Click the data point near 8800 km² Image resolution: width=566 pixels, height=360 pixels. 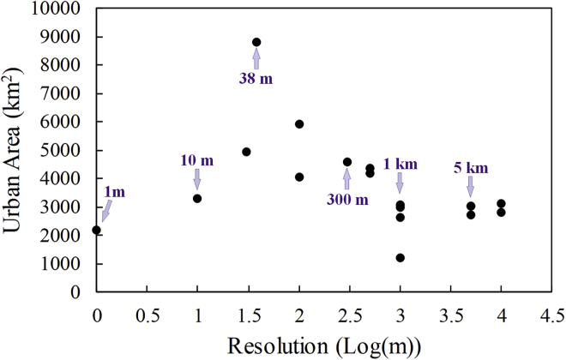256,42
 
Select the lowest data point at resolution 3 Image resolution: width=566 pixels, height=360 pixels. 400,258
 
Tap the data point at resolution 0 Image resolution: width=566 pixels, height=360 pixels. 97,230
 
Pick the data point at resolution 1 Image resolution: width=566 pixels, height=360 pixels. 197,198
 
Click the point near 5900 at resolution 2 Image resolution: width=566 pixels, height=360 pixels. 299,124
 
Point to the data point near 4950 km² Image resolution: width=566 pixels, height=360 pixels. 246,152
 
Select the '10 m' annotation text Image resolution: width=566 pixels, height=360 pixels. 196,160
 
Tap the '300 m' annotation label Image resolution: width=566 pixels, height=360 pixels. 346,200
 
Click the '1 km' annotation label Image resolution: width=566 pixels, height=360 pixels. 400,164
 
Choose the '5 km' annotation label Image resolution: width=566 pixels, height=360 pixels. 471,167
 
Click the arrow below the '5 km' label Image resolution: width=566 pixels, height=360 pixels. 471,186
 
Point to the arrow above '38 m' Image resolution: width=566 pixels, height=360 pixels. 256,58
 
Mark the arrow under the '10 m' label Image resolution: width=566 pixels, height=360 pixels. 197,178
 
